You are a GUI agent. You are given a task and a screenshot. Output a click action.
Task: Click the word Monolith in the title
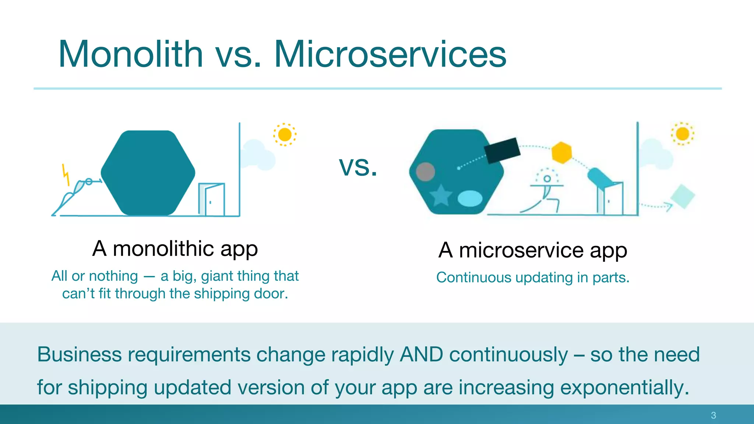pos(131,54)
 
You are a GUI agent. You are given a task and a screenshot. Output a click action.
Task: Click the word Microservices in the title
pos(390,54)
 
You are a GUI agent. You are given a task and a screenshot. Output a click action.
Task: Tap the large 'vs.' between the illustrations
pos(358,166)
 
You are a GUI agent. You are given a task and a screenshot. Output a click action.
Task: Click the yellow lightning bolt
pos(66,174)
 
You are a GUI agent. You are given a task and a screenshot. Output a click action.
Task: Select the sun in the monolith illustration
pos(285,134)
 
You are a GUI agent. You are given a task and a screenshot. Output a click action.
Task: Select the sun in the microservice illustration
pos(682,134)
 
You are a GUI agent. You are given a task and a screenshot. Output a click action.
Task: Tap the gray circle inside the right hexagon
pos(425,172)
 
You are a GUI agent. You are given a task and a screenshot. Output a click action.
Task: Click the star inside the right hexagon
pos(441,195)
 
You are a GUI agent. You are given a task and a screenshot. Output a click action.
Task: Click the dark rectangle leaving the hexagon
pos(502,150)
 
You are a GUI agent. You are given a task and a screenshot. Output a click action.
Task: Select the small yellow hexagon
pos(561,152)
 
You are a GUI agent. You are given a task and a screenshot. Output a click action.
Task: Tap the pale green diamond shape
pos(683,197)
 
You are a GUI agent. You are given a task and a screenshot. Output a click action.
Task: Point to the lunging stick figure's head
pos(547,179)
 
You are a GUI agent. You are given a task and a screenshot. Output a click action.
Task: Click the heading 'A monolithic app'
pos(175,249)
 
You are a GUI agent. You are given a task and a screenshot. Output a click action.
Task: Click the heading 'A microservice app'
pos(532,250)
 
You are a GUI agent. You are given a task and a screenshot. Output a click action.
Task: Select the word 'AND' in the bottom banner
pos(421,354)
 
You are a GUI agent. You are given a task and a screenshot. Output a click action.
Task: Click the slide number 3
pos(713,415)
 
